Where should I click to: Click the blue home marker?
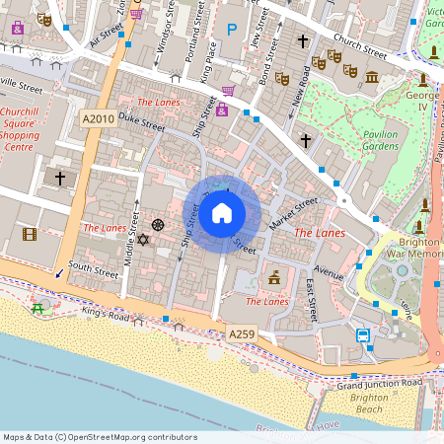(x=222, y=213)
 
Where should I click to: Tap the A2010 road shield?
(x=97, y=118)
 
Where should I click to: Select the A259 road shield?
(x=242, y=334)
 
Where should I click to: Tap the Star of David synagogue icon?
(x=141, y=240)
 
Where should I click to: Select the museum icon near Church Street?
(x=371, y=78)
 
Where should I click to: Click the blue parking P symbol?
(x=232, y=31)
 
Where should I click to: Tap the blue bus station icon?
(x=363, y=335)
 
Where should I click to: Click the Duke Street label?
(x=141, y=121)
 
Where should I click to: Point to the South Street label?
(x=93, y=268)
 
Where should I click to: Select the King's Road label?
(x=106, y=315)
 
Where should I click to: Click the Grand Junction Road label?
(x=379, y=382)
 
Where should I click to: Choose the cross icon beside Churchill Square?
(x=60, y=179)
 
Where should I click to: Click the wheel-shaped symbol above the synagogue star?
(x=157, y=225)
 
